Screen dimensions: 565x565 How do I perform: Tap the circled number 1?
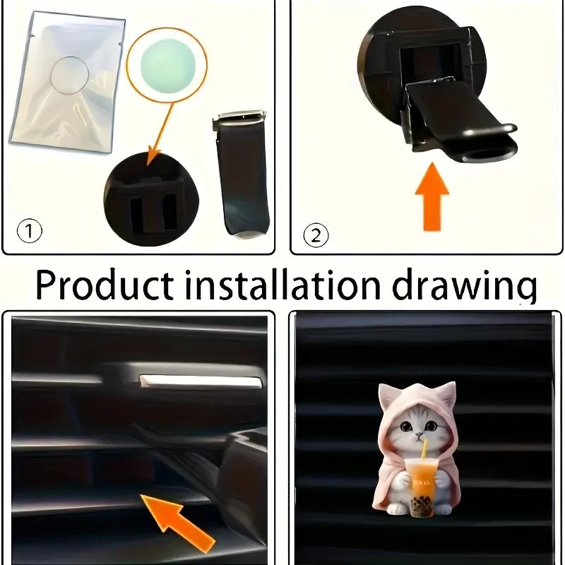[30, 231]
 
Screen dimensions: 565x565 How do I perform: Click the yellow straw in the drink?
[424, 452]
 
